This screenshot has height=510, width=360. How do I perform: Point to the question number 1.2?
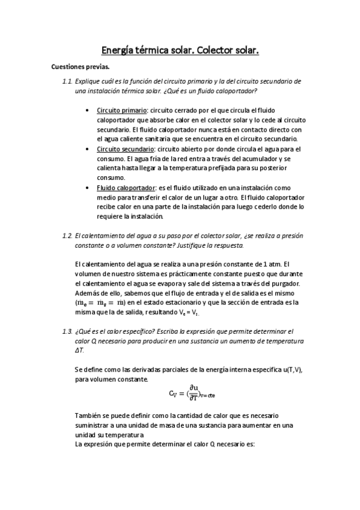point(67,235)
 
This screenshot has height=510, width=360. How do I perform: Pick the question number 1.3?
point(67,331)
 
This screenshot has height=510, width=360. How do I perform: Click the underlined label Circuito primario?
point(121,111)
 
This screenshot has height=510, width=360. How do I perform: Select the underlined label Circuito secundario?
point(124,148)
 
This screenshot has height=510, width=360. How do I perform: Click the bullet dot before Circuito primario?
point(90,111)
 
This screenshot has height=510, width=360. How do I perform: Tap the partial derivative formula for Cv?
point(192,393)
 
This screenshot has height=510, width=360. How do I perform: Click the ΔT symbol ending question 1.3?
point(80,350)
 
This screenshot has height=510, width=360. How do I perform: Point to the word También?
point(89,416)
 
